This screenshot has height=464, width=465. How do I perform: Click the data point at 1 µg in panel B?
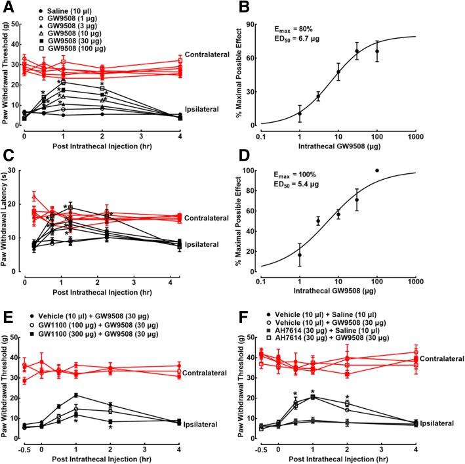tap(300, 114)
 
